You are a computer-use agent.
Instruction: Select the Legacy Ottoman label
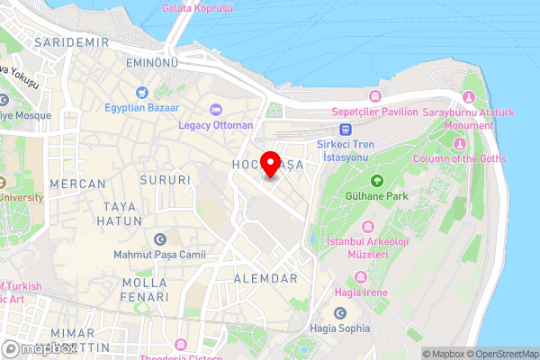click(215, 124)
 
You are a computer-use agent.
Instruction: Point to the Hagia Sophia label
click(339, 328)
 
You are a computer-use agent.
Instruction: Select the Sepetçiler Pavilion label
click(375, 112)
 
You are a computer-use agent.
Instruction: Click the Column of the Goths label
click(459, 158)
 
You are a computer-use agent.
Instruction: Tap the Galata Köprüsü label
click(197, 8)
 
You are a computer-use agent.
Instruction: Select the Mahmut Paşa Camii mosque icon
click(160, 239)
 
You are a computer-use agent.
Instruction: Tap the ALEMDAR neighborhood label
click(265, 279)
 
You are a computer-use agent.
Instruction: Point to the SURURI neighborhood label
click(166, 180)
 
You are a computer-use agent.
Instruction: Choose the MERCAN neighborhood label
click(77, 184)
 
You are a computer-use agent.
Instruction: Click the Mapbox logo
click(38, 348)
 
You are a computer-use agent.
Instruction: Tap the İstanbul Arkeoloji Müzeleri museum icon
click(367, 226)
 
